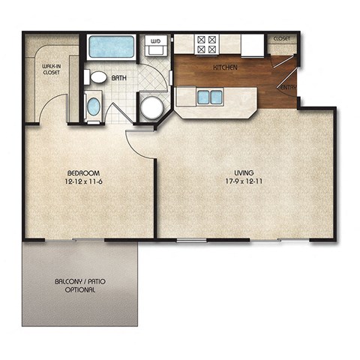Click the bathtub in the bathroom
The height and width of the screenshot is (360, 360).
pyautogui.click(x=111, y=46)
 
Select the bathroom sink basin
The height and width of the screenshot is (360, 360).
pyautogui.click(x=94, y=106)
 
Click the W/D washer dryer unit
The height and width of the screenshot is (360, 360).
pyautogui.click(x=156, y=46)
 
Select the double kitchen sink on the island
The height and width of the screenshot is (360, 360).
pyautogui.click(x=209, y=97)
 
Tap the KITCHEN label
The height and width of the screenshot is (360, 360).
pyautogui.click(x=225, y=67)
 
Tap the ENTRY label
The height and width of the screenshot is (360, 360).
pyautogui.click(x=289, y=88)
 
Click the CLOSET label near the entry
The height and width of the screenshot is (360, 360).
pyautogui.click(x=282, y=38)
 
